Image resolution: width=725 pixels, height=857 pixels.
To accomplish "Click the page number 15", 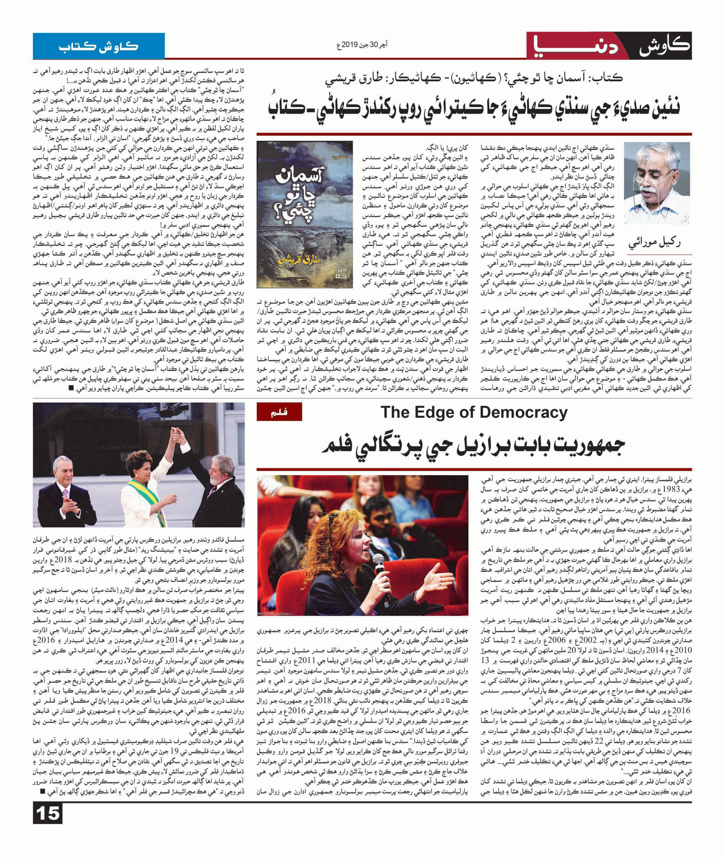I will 48,813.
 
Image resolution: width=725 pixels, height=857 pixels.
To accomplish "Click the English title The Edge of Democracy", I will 474,412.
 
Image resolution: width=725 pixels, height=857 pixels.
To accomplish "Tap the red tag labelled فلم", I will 279,412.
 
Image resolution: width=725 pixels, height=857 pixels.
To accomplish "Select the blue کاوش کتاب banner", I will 99,46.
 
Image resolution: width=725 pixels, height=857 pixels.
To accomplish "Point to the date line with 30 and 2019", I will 362,45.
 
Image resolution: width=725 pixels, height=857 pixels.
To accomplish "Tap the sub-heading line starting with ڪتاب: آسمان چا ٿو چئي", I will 474,78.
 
